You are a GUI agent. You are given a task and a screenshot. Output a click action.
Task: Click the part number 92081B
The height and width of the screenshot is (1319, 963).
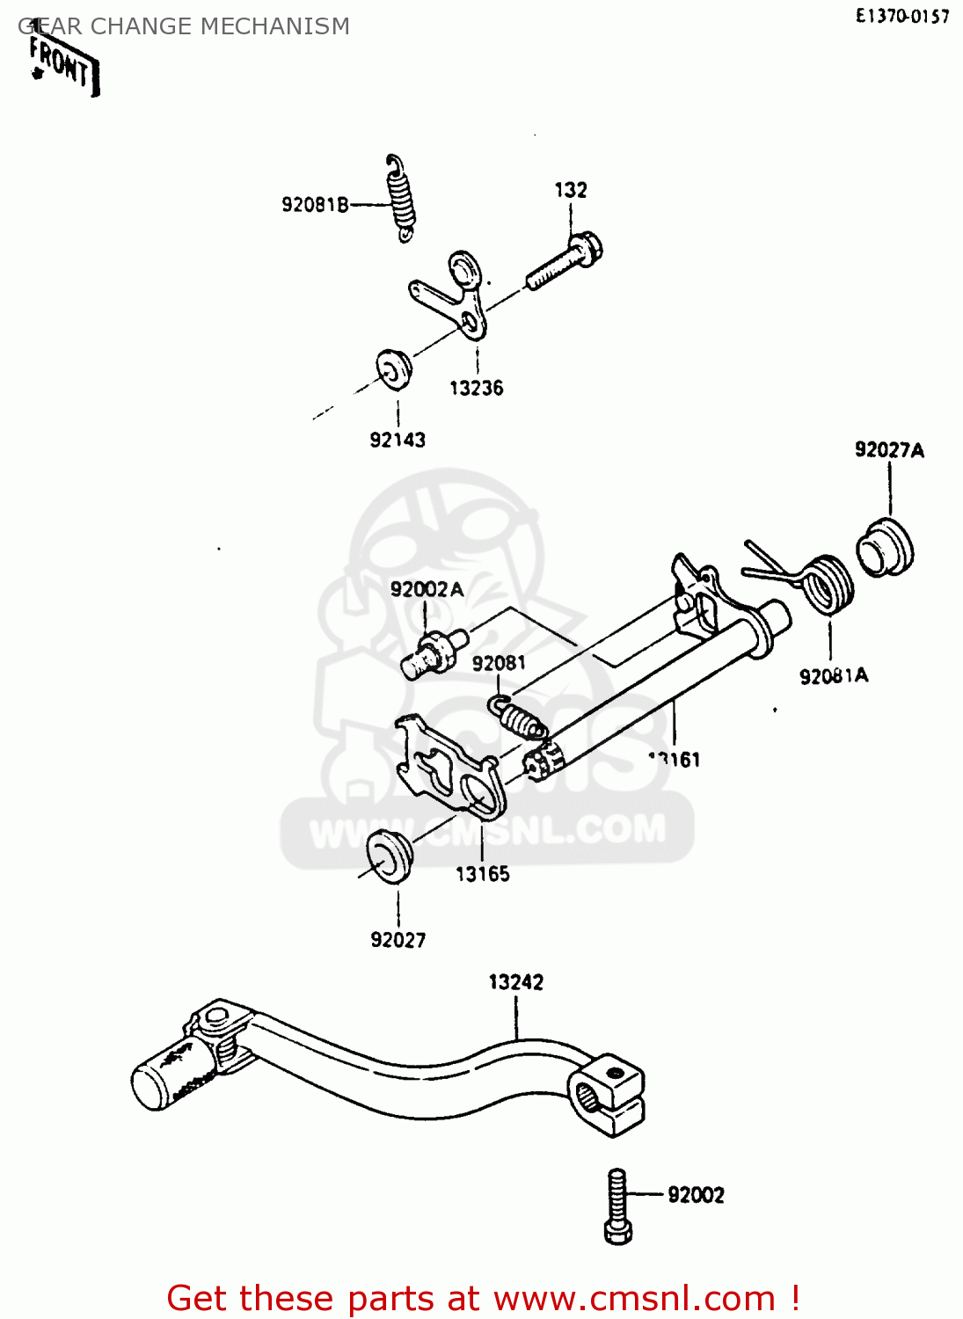coord(315,205)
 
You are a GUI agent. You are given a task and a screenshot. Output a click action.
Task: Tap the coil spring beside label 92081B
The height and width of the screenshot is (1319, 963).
coord(401,199)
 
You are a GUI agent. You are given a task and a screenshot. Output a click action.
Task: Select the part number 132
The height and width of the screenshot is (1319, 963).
coord(571,190)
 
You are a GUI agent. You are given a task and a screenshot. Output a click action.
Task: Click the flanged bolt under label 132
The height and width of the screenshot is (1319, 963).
coord(565,259)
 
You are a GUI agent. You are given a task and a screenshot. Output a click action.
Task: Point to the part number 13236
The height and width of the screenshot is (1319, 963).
coord(477,388)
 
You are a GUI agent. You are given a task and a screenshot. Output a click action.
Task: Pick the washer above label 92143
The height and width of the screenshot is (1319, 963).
coord(394,368)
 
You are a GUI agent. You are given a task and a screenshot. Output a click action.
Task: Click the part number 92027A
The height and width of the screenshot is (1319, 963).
coord(889,450)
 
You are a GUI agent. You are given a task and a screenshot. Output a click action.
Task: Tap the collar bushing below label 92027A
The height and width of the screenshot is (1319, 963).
coord(885,548)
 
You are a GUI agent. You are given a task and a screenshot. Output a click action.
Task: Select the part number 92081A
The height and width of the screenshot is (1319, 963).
coord(833,675)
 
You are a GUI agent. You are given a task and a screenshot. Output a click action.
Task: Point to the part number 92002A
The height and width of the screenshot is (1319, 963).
coord(427,589)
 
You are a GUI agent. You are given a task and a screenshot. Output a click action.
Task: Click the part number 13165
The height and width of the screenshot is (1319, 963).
coord(482,874)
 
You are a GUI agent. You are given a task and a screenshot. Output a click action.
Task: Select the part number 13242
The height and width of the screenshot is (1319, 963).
coord(516,982)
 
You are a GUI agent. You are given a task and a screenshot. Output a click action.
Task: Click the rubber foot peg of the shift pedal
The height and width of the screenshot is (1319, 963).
coord(171,1072)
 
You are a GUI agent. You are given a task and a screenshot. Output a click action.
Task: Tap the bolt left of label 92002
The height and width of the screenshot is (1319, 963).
coord(618,1206)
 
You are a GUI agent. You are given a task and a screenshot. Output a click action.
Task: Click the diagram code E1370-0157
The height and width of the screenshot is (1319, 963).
coord(902,16)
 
